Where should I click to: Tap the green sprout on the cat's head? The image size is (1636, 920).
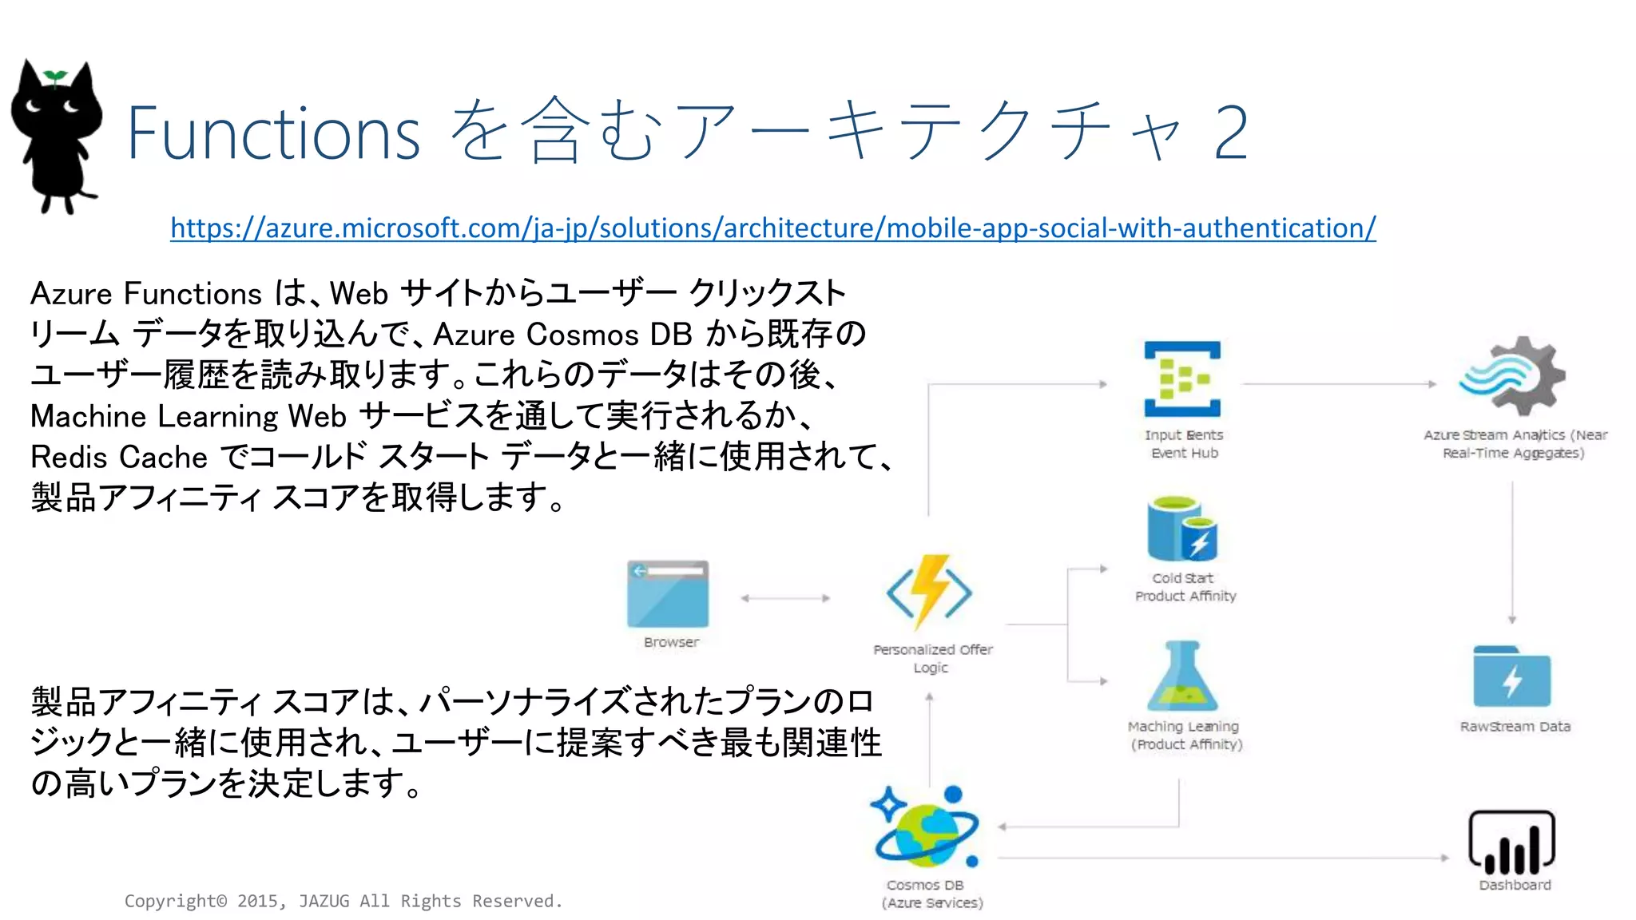point(55,77)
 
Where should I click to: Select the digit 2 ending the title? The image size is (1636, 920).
point(1230,133)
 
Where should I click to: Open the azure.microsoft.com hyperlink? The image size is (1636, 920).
point(772,228)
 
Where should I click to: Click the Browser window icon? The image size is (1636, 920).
point(668,594)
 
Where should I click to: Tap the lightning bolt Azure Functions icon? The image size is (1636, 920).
point(929,593)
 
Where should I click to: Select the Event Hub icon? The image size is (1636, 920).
point(1182,379)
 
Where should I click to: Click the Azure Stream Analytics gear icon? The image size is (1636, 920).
point(1512,376)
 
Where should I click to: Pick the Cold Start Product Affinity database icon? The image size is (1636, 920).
point(1181,530)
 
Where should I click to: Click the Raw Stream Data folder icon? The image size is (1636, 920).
point(1511,677)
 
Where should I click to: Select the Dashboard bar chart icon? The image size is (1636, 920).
point(1511,843)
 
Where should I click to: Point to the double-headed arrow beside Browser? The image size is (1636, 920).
point(785,598)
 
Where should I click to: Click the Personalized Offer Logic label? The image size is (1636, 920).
point(932,658)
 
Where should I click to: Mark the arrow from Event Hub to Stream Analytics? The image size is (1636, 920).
point(1339,384)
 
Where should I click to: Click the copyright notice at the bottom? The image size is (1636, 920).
point(343,901)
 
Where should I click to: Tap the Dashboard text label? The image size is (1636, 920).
point(1515,885)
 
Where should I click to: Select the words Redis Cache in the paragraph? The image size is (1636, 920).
point(119,458)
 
